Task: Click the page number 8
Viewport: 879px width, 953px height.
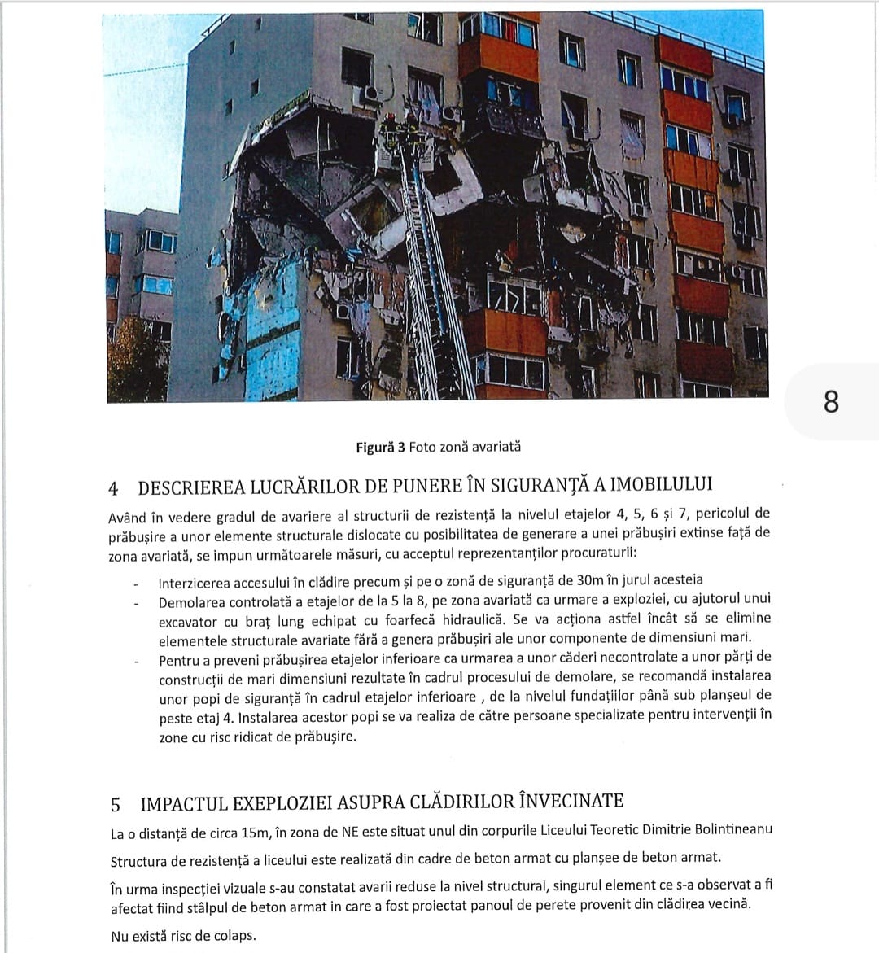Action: point(830,402)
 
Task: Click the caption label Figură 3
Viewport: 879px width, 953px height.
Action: point(380,447)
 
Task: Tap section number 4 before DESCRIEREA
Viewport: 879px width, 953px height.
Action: point(114,488)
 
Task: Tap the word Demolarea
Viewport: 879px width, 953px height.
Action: point(190,602)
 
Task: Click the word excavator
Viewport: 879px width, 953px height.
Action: point(188,621)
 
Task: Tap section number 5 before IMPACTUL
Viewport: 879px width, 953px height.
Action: point(116,804)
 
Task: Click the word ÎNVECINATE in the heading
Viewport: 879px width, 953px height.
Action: point(571,801)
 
